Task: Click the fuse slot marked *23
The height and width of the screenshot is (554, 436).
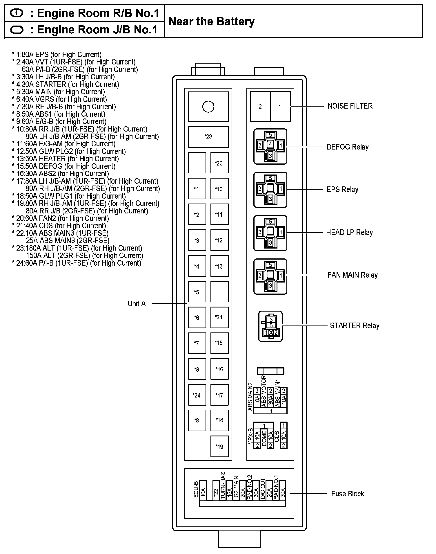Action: pos(208,136)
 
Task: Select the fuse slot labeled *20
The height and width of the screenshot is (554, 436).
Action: pos(219,163)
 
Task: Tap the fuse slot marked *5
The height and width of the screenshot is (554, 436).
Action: pos(197,292)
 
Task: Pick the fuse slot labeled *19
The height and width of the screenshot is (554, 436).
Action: pos(219,446)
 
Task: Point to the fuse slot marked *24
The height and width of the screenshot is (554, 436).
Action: pos(197,395)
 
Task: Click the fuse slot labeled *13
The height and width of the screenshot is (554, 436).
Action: pos(219,266)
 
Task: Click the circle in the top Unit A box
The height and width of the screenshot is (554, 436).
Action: pos(208,107)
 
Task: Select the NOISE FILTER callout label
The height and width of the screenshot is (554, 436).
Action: pos(350,106)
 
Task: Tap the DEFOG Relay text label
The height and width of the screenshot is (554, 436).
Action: pos(347,147)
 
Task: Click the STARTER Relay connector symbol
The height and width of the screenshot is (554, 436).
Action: pos(270,326)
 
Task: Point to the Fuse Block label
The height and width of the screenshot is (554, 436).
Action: pos(348,494)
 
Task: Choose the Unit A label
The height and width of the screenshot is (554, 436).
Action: pos(137,304)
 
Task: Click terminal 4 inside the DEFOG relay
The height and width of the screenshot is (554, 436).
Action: pos(270,144)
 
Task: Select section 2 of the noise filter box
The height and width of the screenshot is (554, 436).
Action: pos(260,107)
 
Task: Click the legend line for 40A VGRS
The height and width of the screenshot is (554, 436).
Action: pos(59,99)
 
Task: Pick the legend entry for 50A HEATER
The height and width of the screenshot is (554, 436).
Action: pos(65,159)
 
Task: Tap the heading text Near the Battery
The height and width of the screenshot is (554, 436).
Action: pos(211,21)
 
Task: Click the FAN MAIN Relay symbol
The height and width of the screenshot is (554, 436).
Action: pos(270,276)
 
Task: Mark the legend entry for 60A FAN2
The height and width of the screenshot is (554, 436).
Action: pos(60,218)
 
